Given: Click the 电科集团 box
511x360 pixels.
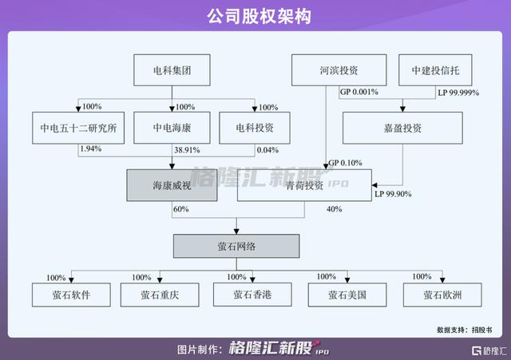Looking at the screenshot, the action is pos(172,70).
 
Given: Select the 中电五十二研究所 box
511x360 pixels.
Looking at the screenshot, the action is pos(78,128).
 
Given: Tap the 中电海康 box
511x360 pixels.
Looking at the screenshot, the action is pos(172,128).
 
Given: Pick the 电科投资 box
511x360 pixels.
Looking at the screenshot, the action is pos(255,128).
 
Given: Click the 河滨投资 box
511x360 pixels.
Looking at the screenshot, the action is pos(339,70).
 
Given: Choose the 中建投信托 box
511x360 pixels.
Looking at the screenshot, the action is pos(435,70).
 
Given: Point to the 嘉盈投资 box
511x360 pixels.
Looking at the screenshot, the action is pos(402,128).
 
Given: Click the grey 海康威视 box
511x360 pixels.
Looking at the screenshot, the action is pos(172,185).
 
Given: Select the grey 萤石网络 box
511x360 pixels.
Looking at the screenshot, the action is pos(236,246).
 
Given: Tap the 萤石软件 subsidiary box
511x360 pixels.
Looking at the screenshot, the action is pos(71,295).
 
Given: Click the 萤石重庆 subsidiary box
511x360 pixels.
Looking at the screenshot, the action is pos(160,295).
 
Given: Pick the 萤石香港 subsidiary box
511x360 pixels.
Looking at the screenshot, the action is pos(252,295).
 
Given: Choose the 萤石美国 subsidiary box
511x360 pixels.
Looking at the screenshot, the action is pos(347,295).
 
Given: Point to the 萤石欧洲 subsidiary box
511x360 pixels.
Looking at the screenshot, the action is pos(442,295).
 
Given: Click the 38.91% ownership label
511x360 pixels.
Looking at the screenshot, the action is pos(187,150).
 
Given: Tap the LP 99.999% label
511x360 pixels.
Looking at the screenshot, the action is pos(458,93).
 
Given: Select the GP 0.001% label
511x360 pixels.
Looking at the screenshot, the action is pos(359,92).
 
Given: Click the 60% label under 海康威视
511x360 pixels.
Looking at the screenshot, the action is pos(181,209).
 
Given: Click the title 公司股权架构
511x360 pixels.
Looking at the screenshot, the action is pos(259,16).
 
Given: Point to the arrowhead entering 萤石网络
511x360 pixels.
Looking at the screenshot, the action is pos(236,231).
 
